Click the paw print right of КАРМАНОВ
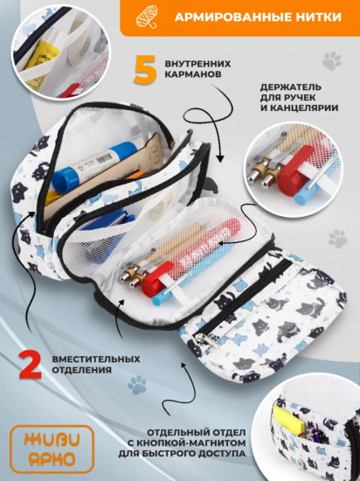[331, 60]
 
